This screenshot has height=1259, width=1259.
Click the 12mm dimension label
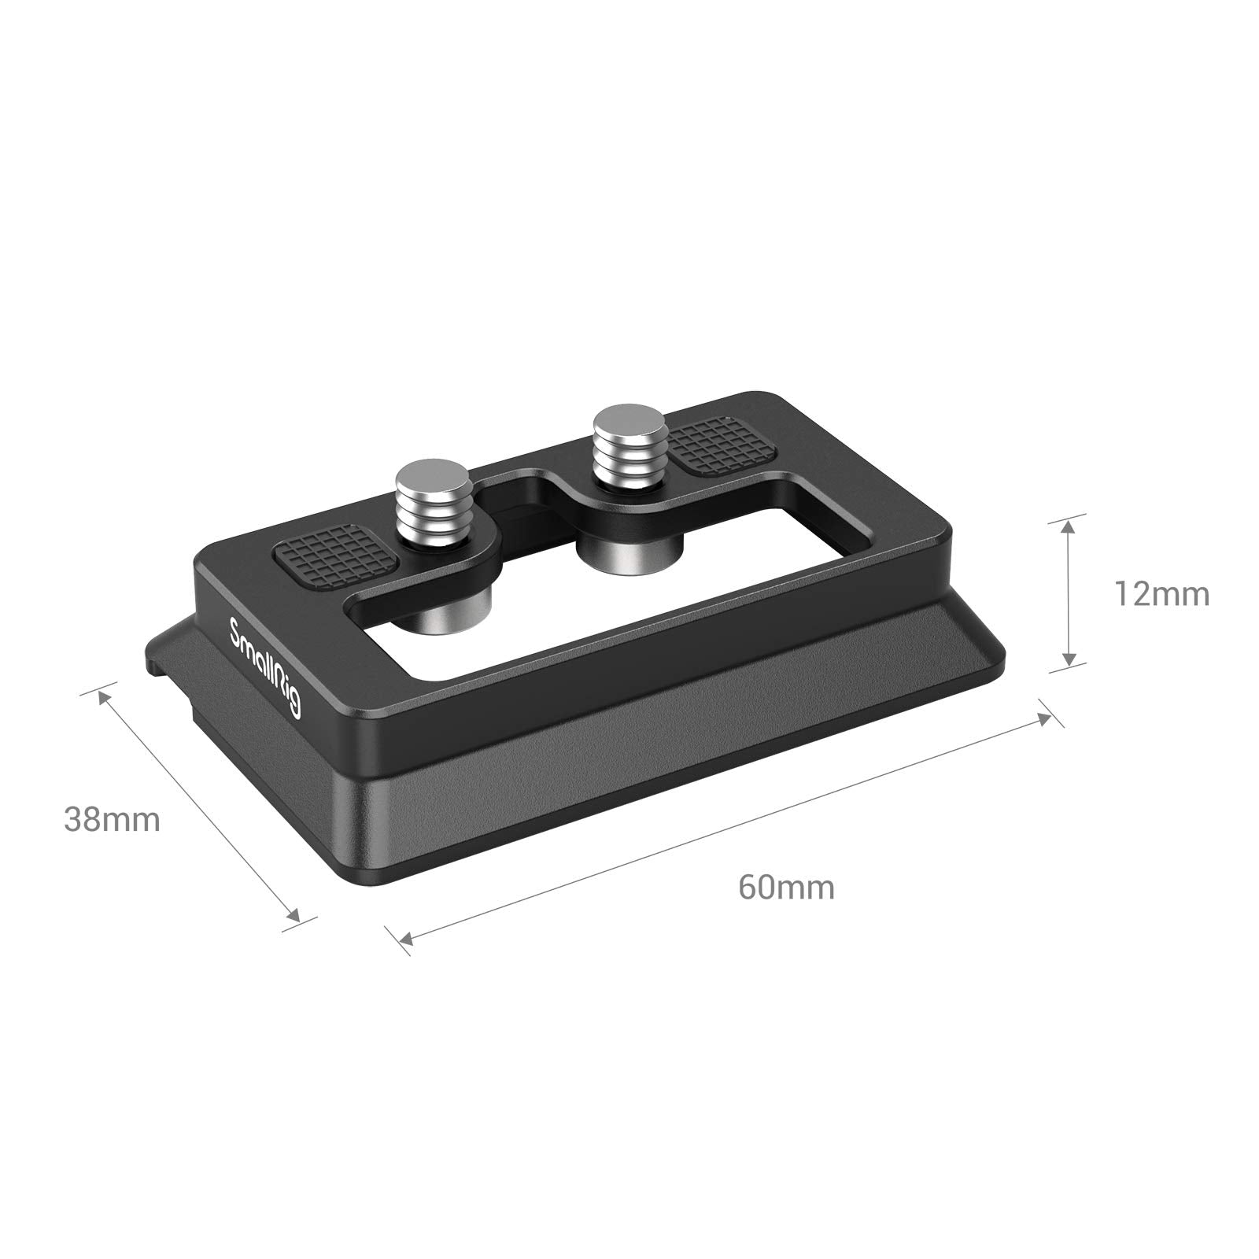(1161, 595)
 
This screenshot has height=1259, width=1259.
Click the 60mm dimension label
(786, 888)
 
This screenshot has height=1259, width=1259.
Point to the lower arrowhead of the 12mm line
(1067, 658)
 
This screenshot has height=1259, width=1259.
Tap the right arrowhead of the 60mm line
(1043, 718)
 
